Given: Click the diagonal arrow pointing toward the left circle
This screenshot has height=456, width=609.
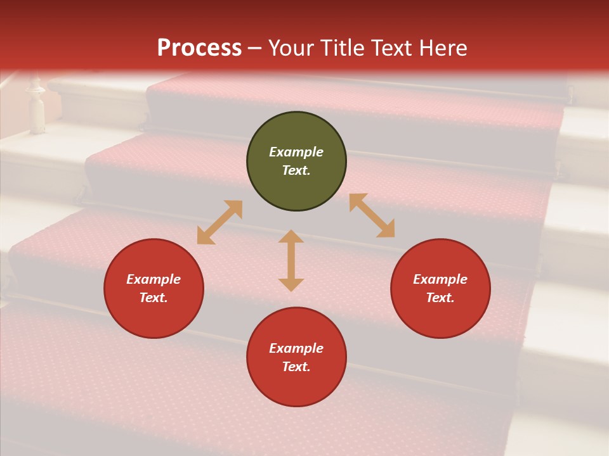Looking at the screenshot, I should (x=219, y=222).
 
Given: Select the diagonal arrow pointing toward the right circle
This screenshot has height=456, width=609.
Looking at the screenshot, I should (x=372, y=215).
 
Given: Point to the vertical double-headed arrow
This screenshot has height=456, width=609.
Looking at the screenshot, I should (x=291, y=260).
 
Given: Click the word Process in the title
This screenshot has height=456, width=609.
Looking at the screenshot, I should (x=199, y=48).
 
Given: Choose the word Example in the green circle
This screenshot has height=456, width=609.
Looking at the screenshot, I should (x=296, y=152).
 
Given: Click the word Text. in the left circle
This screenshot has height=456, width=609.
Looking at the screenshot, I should (x=154, y=298).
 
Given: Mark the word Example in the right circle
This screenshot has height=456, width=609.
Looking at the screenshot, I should (x=440, y=279).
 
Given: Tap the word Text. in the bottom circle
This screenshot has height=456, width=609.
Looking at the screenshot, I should (x=296, y=367).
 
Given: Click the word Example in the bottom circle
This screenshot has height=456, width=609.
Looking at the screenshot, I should (x=296, y=348).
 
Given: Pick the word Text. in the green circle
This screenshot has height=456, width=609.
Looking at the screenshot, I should (x=296, y=170).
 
